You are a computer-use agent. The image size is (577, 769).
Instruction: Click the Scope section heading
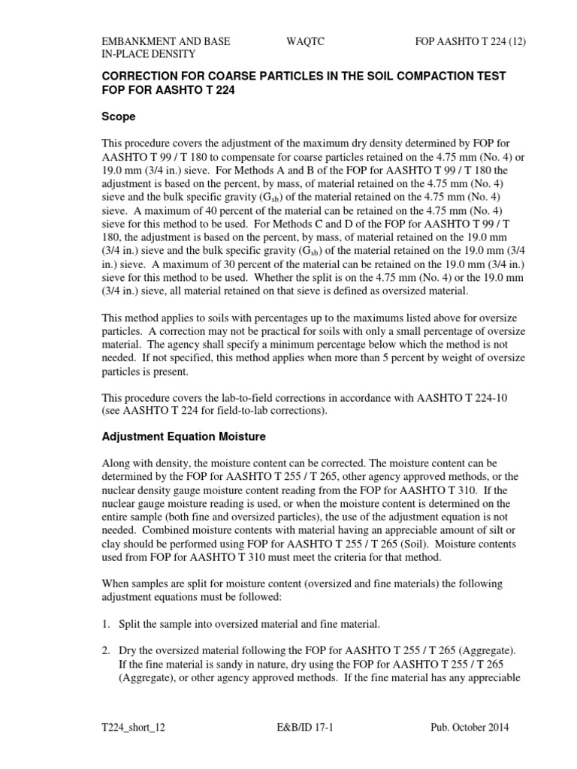click(x=119, y=117)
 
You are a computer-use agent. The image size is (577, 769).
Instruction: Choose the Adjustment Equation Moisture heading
click(x=183, y=436)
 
